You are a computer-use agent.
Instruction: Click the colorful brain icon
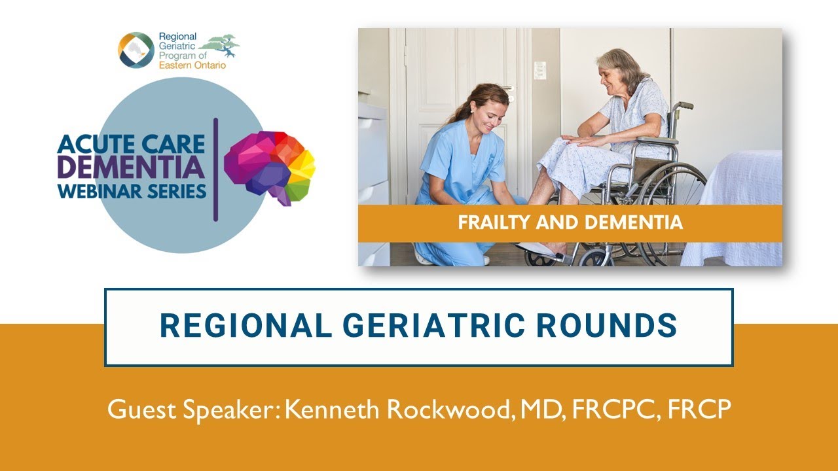tap(269, 167)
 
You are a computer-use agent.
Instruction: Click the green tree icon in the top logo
tap(219, 45)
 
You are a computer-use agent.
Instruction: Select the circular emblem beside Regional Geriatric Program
tap(136, 50)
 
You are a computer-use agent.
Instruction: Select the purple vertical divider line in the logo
tap(215, 170)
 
